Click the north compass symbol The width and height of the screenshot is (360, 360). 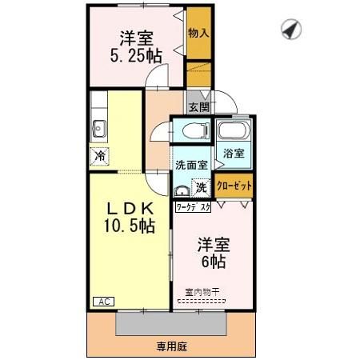290,29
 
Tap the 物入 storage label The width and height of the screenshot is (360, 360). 198,33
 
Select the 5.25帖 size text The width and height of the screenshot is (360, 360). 137,56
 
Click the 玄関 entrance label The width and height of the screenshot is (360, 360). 198,106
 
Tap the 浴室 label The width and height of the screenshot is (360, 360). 234,153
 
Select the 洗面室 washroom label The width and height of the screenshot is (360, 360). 191,165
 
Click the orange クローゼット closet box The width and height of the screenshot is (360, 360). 234,185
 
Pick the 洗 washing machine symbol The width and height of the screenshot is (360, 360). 202,188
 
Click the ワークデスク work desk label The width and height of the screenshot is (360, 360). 193,206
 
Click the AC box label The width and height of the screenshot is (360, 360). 103,302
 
